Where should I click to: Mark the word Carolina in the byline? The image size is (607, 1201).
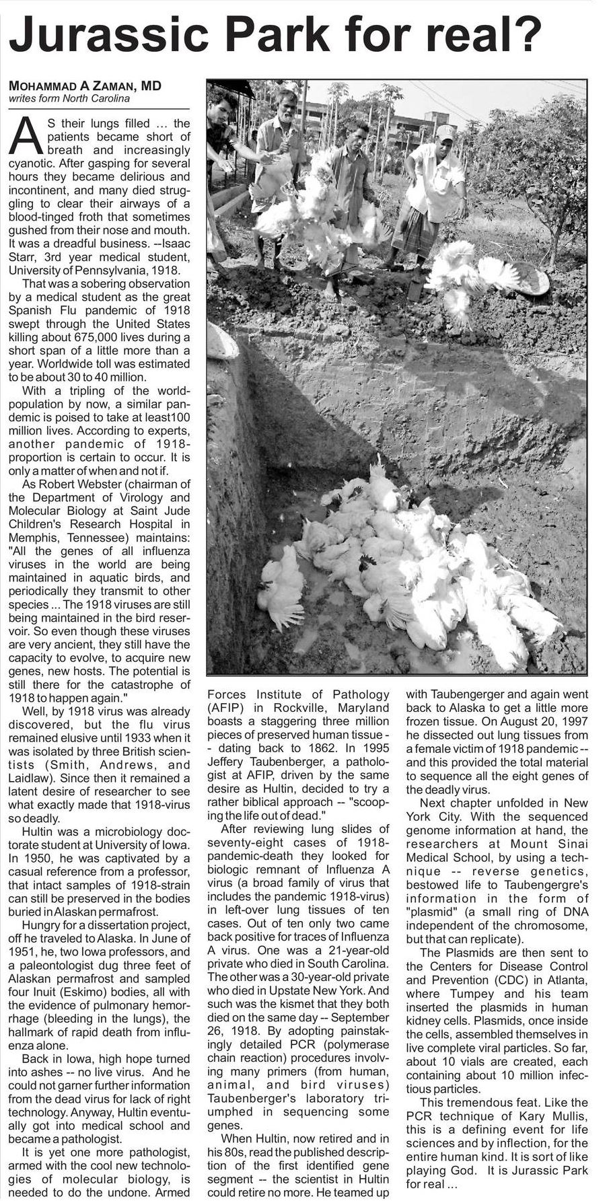click(108, 98)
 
